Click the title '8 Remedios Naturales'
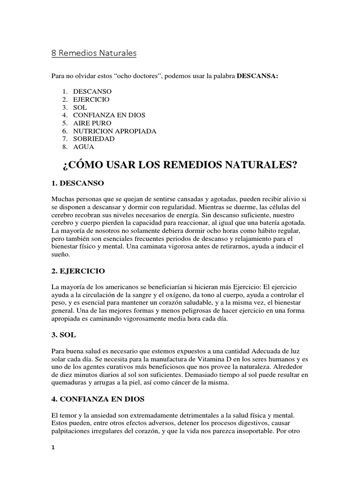(x=94, y=53)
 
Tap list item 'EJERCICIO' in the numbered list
(x=91, y=100)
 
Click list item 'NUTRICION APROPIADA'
(x=114, y=131)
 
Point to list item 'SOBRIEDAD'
(x=93, y=139)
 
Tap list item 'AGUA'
(x=83, y=147)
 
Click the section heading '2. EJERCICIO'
(x=78, y=271)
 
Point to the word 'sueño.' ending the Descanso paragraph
(x=60, y=255)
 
